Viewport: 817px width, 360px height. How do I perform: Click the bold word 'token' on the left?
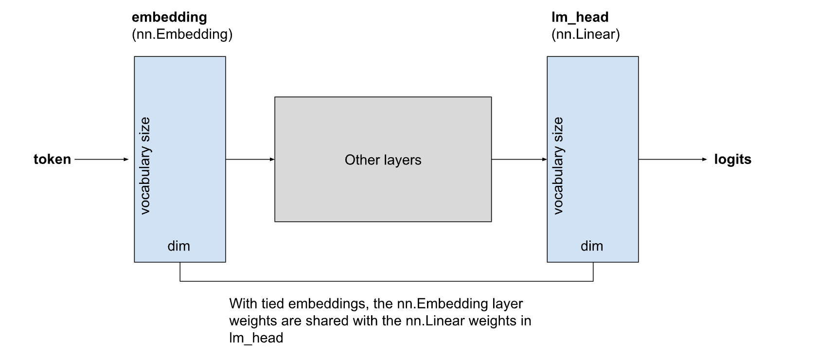click(52, 159)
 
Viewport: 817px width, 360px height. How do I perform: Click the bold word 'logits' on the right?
click(732, 159)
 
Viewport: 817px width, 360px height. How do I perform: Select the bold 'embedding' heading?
click(169, 17)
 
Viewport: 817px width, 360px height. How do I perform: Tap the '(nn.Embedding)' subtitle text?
click(182, 35)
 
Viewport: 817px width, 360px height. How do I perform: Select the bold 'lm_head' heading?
click(580, 17)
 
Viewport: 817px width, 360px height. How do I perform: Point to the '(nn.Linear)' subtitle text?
click(586, 35)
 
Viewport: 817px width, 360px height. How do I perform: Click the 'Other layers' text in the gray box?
click(383, 160)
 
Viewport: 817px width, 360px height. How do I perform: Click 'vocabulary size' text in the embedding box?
click(145, 165)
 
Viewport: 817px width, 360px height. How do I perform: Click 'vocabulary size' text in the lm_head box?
click(558, 165)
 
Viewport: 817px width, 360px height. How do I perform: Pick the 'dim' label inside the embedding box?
click(178, 246)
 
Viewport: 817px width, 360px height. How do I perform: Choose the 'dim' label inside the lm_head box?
click(591, 246)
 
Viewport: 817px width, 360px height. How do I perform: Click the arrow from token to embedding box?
click(102, 159)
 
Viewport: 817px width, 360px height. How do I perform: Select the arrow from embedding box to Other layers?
click(250, 159)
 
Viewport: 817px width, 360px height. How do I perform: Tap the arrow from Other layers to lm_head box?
click(519, 159)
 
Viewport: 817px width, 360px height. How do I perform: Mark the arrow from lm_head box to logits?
click(673, 159)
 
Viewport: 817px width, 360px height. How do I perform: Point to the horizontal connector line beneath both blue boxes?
click(387, 281)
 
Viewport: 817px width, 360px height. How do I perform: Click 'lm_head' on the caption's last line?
click(256, 338)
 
